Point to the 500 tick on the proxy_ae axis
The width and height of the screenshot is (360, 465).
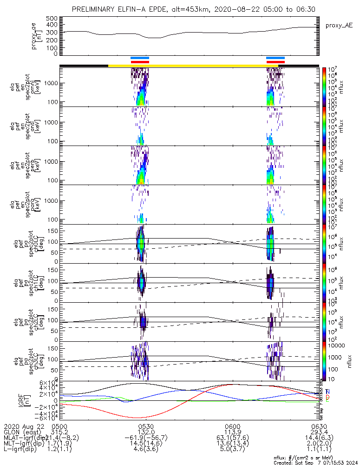[x=52, y=18]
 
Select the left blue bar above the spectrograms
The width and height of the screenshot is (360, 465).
[x=139, y=58]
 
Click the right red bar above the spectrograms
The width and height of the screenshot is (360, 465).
[x=275, y=62]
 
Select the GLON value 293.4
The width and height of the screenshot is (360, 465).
[x=319, y=432]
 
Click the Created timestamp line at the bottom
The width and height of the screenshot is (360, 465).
[x=314, y=462]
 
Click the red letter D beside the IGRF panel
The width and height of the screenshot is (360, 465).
[x=327, y=398]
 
